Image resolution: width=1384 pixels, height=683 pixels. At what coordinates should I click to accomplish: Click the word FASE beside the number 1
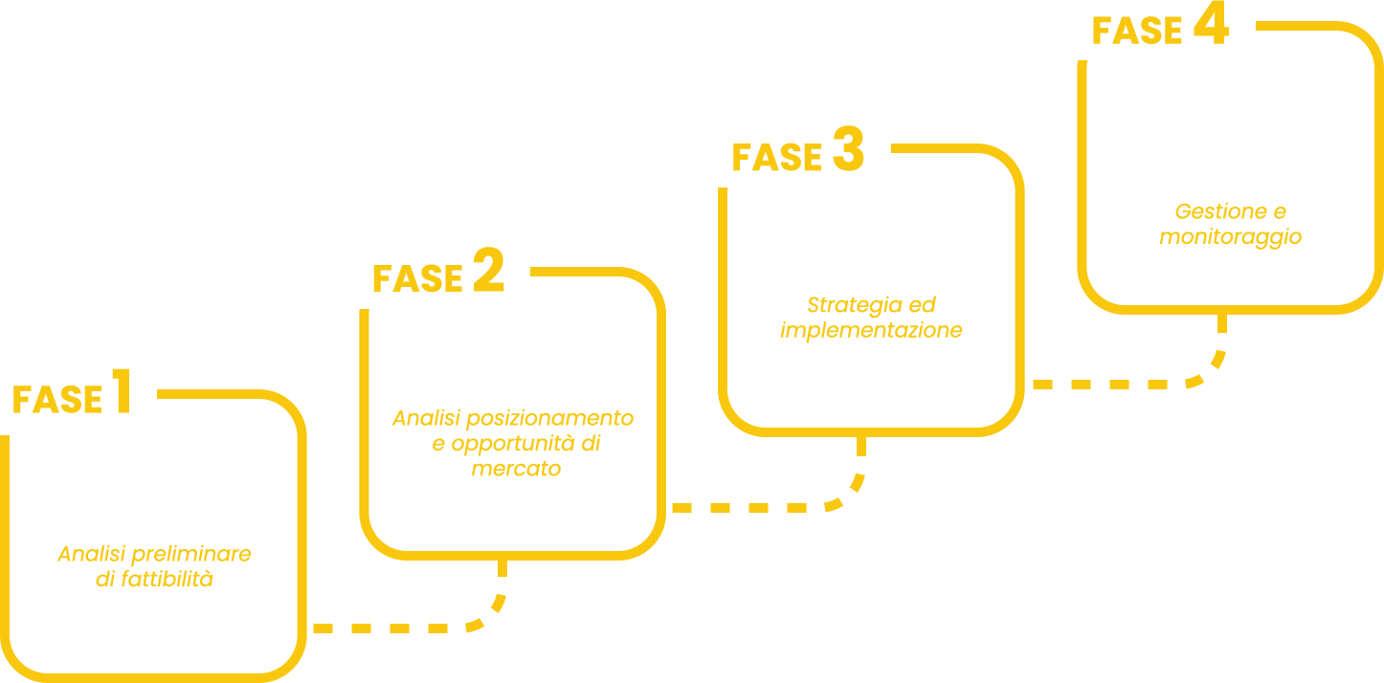[x=59, y=401]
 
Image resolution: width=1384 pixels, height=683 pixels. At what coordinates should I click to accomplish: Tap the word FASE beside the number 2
[x=421, y=279]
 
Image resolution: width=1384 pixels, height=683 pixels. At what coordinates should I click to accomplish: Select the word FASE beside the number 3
[x=778, y=158]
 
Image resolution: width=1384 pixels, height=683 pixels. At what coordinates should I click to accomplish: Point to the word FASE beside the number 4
[x=1138, y=33]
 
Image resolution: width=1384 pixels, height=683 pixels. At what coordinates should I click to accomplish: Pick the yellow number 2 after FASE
[x=486, y=270]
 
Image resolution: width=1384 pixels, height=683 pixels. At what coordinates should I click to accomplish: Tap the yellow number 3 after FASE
[x=846, y=150]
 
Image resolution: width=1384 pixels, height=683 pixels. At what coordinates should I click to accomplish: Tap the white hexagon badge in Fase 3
[x=872, y=251]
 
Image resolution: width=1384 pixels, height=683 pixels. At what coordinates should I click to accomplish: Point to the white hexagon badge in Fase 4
[x=1231, y=143]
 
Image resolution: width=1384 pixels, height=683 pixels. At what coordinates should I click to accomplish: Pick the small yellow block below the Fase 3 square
[x=769, y=475]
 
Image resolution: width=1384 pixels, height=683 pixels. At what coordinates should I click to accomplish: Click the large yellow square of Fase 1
[x=153, y=603]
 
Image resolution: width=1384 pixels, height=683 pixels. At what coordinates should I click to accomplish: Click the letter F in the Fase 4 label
[x=1104, y=33]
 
